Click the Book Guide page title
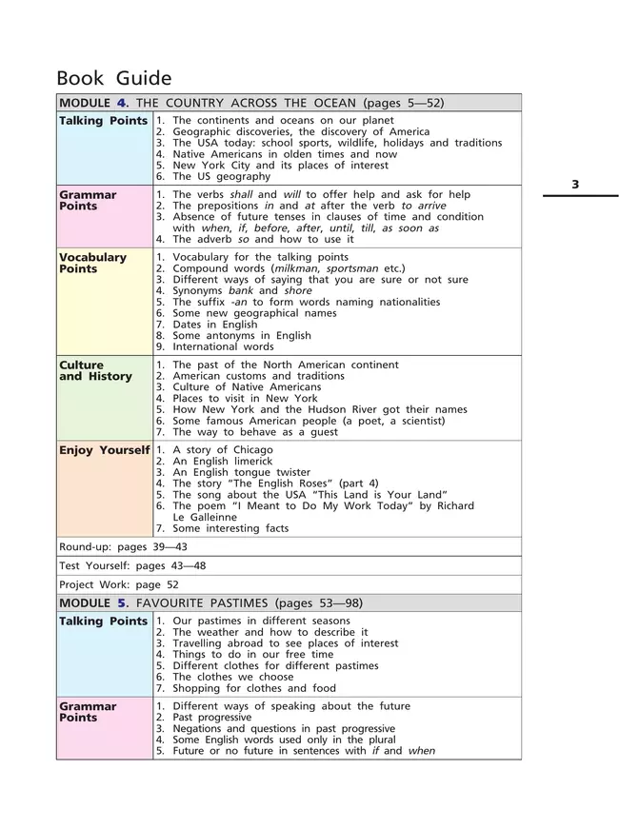tap(114, 78)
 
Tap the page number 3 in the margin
tap(575, 185)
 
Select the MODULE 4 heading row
tap(251, 103)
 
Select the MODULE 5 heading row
tap(210, 603)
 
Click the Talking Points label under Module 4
tap(103, 121)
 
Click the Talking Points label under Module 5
tap(103, 622)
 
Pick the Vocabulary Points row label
tap(92, 264)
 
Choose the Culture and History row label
tap(95, 370)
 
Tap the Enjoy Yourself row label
tap(104, 450)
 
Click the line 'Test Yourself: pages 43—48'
tap(132, 565)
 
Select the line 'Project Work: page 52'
tap(119, 584)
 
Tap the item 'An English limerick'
tap(222, 462)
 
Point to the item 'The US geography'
tap(217, 176)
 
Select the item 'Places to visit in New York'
tap(245, 399)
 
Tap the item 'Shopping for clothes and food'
tap(254, 688)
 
